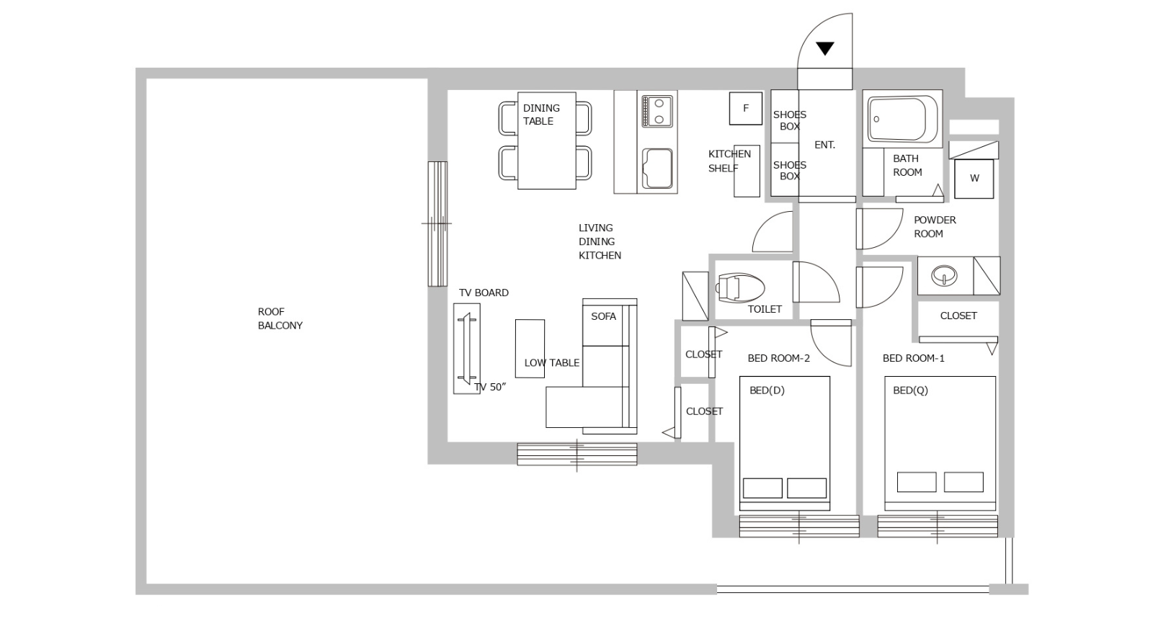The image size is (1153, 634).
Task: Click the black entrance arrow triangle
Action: coord(825,48)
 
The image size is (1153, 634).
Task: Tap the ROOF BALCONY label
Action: coord(280,318)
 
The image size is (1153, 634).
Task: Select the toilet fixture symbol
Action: coord(739,287)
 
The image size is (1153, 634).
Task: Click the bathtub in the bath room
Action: coord(902,120)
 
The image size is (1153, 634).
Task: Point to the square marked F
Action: coord(745,108)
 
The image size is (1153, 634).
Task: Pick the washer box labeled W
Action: coord(974,179)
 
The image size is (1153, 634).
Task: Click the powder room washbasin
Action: coord(944,275)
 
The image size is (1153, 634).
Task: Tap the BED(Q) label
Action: coord(910,390)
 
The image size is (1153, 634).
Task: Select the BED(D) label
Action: coord(767,390)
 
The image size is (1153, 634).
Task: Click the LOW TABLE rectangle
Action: coord(530,349)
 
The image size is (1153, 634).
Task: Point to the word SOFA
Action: coord(603,316)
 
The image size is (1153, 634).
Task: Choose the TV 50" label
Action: coord(490,387)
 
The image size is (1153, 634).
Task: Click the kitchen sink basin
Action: coord(657,169)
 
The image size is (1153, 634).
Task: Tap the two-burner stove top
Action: coord(656,111)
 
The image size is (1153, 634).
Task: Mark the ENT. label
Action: coord(824,145)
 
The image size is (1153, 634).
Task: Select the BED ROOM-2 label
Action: coord(779,358)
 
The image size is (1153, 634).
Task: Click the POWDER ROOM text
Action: coord(935,227)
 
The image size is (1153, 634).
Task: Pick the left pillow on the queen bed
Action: coord(917,482)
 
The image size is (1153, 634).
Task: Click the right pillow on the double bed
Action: coord(806,488)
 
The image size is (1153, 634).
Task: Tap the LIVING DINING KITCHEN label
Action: coord(600,241)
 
